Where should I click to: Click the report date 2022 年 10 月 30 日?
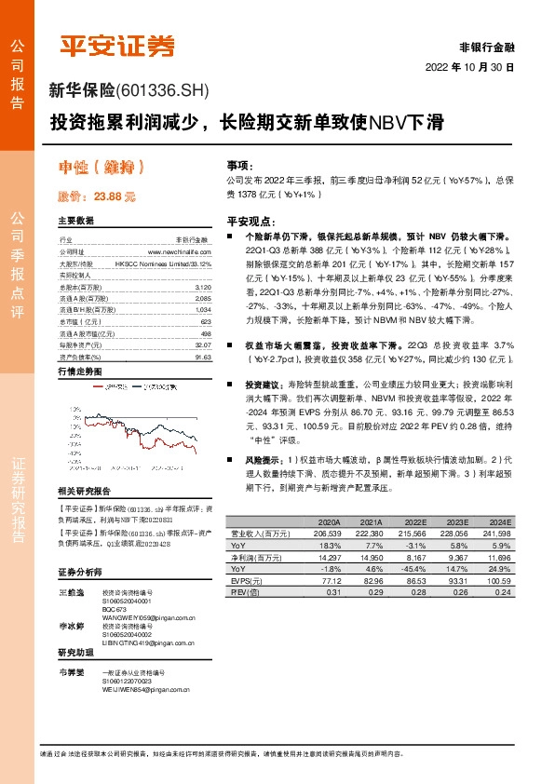(x=475, y=68)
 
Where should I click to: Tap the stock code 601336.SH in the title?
(x=164, y=90)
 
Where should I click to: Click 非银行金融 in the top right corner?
(x=488, y=47)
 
